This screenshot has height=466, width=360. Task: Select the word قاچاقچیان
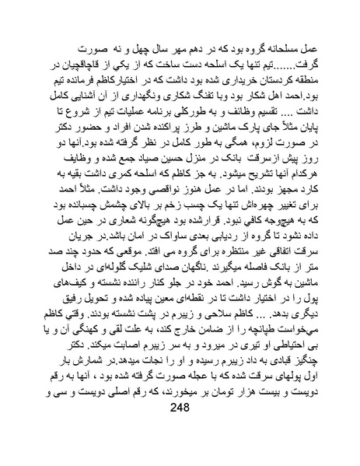63,65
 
